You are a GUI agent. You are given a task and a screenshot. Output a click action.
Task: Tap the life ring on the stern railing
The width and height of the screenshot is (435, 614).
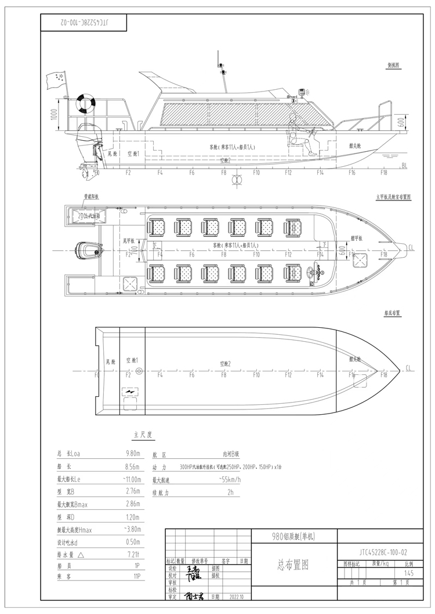click(x=86, y=103)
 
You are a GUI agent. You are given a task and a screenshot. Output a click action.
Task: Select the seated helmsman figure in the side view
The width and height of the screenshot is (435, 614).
click(x=296, y=141)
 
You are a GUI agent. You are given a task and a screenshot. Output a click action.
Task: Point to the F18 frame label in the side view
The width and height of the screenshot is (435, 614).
click(x=383, y=172)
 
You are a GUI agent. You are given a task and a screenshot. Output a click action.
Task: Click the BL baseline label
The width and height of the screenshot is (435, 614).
click(x=404, y=166)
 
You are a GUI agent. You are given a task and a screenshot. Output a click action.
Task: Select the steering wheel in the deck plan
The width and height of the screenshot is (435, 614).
click(x=317, y=272)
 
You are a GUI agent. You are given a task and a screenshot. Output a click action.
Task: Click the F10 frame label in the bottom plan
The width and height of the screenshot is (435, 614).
click(x=256, y=375)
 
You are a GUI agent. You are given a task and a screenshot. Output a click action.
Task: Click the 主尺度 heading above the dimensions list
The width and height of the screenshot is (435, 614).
click(x=134, y=434)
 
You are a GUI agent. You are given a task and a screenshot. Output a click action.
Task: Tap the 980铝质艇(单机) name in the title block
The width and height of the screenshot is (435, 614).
click(x=294, y=536)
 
